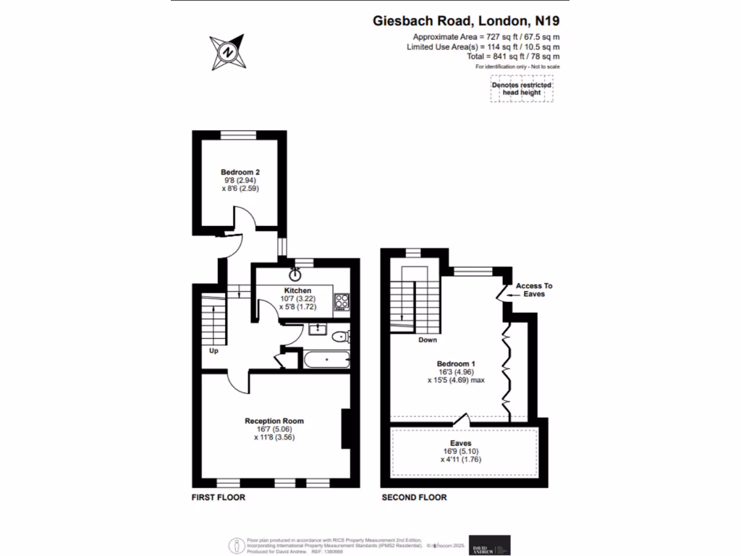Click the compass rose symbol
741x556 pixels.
[228, 52]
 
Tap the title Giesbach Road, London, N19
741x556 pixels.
[466, 21]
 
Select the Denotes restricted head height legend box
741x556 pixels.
[522, 90]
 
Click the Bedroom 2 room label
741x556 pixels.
[240, 172]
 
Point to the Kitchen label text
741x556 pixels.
[297, 290]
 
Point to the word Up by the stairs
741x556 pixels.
[213, 351]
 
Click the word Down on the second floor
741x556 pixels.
[427, 340]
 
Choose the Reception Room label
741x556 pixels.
[274, 421]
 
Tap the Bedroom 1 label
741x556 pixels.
[455, 363]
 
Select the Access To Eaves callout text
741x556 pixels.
[535, 290]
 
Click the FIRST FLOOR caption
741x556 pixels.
[218, 497]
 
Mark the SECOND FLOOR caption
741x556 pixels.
[414, 497]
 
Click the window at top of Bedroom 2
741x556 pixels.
[239, 134]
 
